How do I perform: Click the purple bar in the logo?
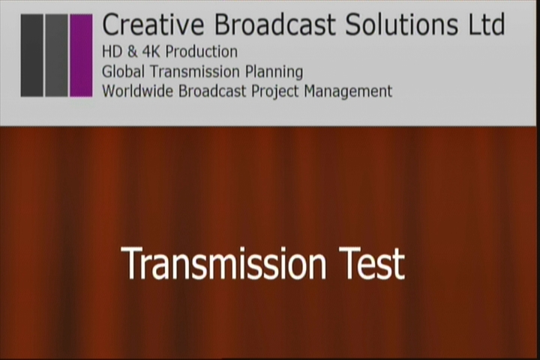point(81,55)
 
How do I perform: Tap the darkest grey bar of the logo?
point(32,55)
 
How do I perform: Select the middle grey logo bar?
point(56,55)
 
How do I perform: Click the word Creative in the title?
point(154,24)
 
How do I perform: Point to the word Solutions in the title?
point(402,24)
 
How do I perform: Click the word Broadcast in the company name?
point(274,24)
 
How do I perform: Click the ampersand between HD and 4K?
point(132,52)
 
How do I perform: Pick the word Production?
point(202,52)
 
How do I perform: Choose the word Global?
point(123,72)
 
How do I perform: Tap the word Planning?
point(274,72)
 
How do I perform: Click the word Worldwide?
point(139,91)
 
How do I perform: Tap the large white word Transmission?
point(223,263)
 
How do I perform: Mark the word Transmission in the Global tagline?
point(195,72)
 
